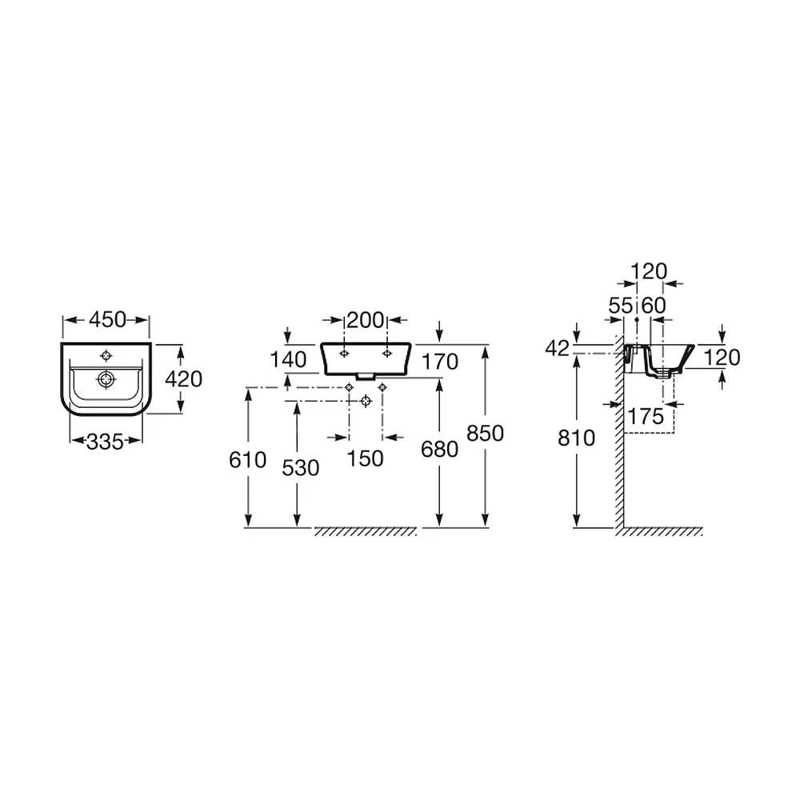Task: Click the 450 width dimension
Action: point(107,320)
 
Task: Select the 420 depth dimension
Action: point(184,379)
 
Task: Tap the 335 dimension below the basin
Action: point(105,442)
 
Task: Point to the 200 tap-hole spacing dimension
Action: point(366,321)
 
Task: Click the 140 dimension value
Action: point(288,360)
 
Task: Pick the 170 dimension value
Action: point(440,362)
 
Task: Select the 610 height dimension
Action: point(247,460)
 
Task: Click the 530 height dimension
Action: point(301,468)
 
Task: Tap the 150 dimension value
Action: point(366,458)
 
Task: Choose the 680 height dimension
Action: point(440,450)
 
